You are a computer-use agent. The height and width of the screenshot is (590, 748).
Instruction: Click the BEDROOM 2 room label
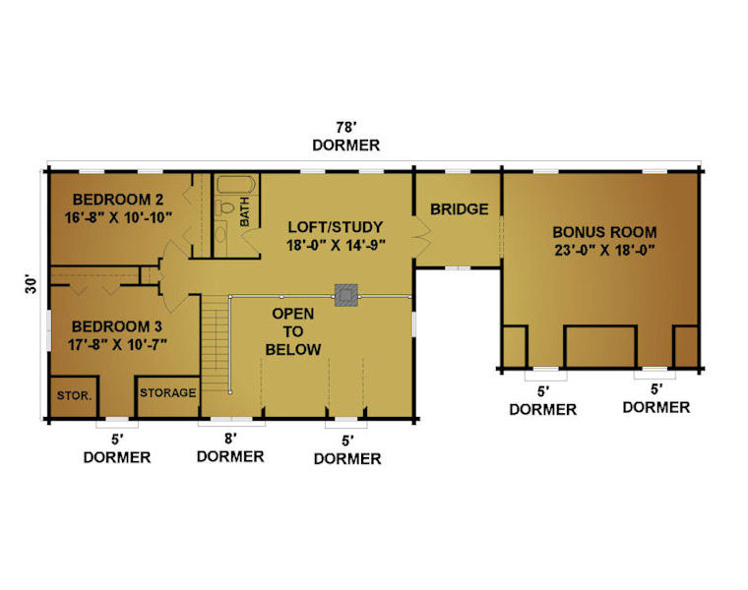pos(118,199)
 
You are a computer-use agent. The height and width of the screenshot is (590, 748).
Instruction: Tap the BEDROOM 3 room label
pos(117,326)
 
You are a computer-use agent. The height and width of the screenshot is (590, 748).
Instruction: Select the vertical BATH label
pos(244,211)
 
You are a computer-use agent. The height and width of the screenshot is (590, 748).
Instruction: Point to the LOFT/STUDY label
pos(335,227)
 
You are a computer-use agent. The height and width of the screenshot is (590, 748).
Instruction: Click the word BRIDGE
pos(459,209)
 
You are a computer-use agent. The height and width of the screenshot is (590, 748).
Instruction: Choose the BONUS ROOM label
pos(604,232)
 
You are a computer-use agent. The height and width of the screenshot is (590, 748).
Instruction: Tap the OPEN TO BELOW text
pos(293,331)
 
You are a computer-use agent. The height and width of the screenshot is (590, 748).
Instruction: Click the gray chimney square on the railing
pos(345,295)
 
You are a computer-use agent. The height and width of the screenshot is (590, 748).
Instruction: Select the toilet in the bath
pos(225,207)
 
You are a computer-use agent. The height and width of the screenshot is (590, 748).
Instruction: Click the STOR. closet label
pos(74,395)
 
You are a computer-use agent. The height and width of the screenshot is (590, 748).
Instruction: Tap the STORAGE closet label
pos(168,392)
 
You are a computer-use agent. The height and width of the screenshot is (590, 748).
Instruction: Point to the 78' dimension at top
pos(346,127)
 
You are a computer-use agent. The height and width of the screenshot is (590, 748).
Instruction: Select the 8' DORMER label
pos(230,447)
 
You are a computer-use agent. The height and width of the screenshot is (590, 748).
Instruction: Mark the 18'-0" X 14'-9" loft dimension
pos(336,246)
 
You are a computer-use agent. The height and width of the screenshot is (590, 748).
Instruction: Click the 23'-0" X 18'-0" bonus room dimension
pos(604,250)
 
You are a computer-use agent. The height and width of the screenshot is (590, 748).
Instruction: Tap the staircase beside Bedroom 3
pos(215,343)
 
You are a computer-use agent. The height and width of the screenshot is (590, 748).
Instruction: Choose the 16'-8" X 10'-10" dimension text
pos(118,217)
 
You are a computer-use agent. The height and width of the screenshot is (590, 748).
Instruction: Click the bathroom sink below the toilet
pos(220,234)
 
